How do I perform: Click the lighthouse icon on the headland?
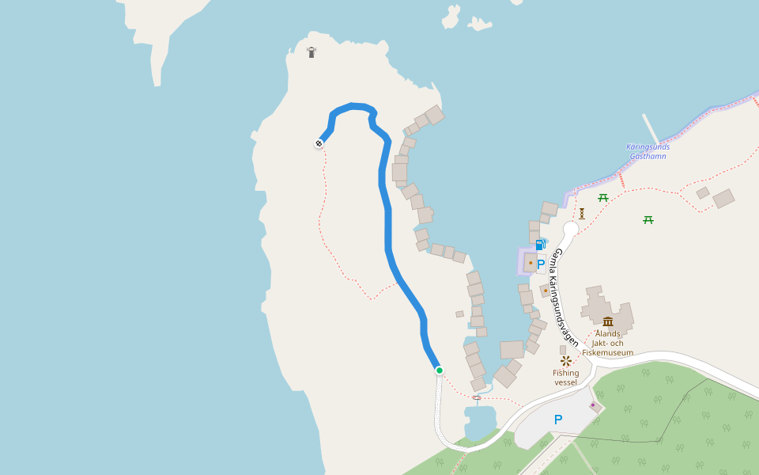pos(312,52)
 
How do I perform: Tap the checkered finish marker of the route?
pos(319,143)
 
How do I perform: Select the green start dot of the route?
pos(439,370)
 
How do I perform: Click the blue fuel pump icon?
pos(540,245)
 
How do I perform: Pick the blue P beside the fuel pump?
pos(541,264)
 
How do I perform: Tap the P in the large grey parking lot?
pos(558,420)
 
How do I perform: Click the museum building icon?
pos(607,321)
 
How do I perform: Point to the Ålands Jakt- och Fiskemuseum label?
pos(607,343)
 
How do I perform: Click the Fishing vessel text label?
pos(566,378)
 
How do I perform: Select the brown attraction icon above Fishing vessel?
pos(566,361)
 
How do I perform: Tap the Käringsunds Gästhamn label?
pos(648,151)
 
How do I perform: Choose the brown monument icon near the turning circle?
pos(582,214)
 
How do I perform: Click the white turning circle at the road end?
pos(571,229)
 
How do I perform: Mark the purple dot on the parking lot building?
pos(592,405)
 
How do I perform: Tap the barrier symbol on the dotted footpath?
pos(477,397)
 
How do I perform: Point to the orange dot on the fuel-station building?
pos(531,263)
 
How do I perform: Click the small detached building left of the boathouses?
pos(459,314)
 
